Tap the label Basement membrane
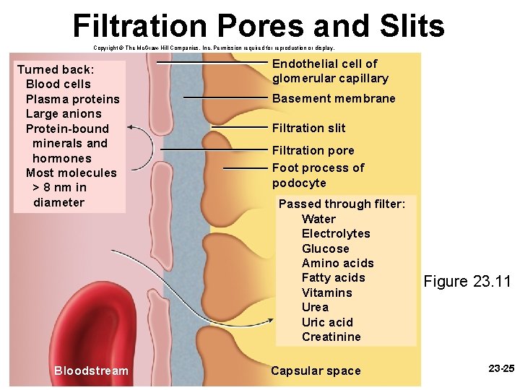334,98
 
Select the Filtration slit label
308,128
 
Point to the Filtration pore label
313,150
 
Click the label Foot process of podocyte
318,175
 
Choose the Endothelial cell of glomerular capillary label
330,71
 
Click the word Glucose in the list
325,248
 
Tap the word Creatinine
331,337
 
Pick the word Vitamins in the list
326,292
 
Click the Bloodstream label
91,370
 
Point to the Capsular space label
315,370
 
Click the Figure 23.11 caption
467,281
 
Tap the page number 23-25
501,369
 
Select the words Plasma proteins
72,98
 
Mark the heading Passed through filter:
342,204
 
